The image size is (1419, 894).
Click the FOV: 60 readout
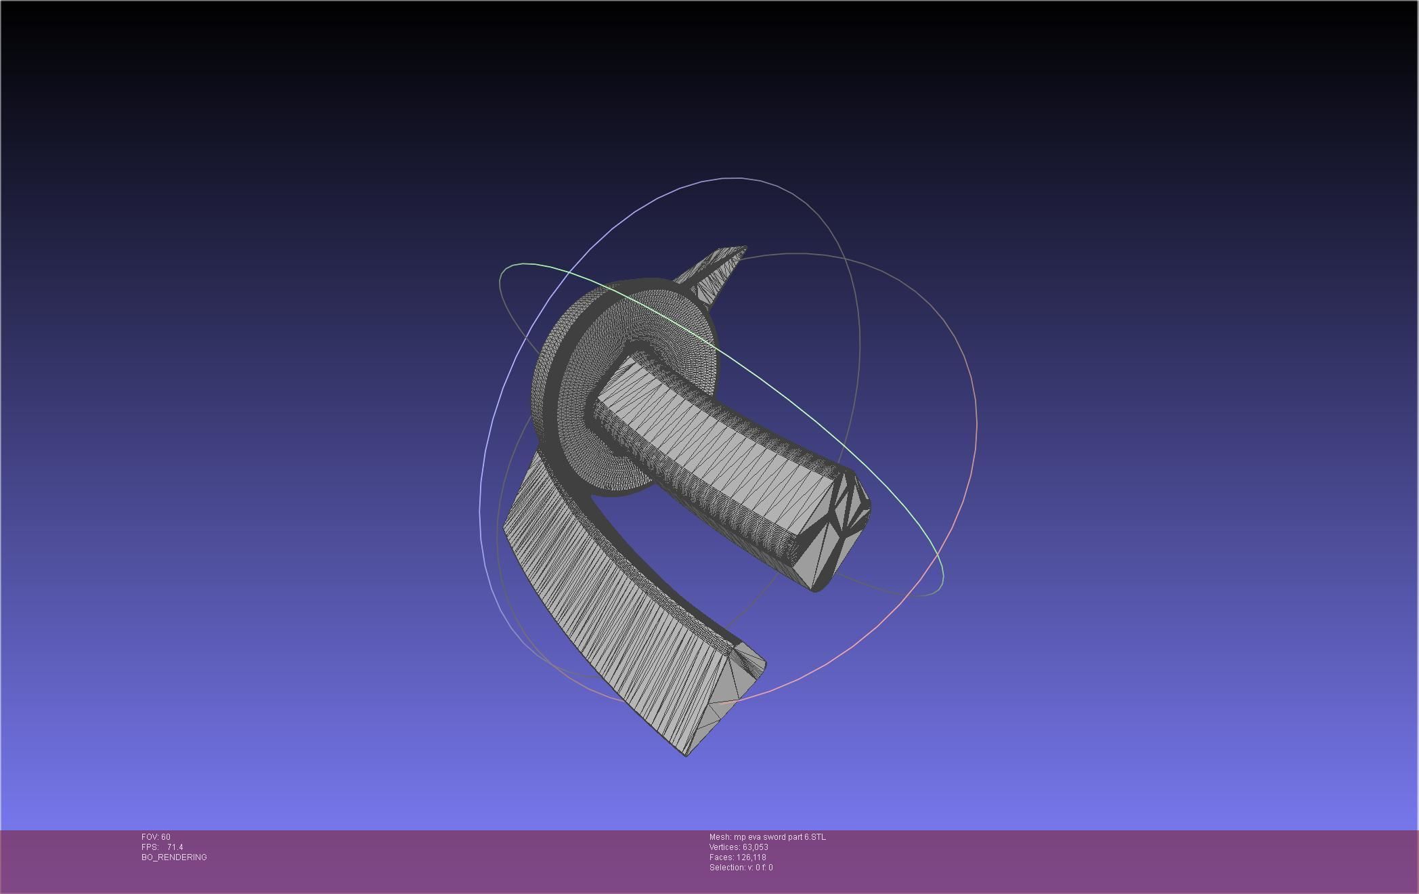(156, 837)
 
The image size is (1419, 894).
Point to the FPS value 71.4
(175, 847)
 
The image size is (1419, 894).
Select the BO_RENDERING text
(174, 857)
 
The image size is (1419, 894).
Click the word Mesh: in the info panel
(720, 837)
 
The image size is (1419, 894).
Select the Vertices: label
(725, 847)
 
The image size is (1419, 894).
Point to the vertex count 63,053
(756, 847)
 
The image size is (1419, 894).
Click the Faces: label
(721, 857)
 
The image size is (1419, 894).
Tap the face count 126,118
(751, 857)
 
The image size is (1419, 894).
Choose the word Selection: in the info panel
(727, 868)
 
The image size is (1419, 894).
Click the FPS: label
(150, 847)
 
